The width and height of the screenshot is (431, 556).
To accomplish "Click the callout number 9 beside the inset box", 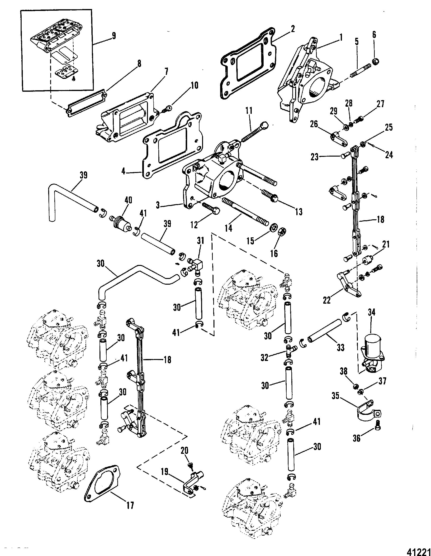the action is (x=113, y=36).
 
